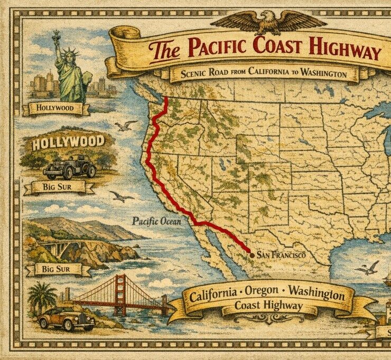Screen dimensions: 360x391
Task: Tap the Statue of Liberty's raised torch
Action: click(55, 35)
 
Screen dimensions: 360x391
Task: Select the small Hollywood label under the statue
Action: click(55, 109)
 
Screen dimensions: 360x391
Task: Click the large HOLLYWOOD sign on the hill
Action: click(68, 143)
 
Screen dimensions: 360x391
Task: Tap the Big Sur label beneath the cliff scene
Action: click(59, 270)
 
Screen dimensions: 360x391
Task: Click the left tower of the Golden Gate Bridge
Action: click(121, 295)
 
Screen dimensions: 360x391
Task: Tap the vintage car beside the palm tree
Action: click(67, 318)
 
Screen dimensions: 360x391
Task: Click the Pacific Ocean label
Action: click(156, 221)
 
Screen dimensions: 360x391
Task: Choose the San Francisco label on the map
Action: click(281, 255)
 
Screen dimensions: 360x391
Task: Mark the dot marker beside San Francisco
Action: click(252, 255)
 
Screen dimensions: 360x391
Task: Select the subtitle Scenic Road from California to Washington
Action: click(264, 74)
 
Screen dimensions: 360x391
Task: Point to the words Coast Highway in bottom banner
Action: click(268, 306)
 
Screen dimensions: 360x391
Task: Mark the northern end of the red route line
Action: click(166, 98)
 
